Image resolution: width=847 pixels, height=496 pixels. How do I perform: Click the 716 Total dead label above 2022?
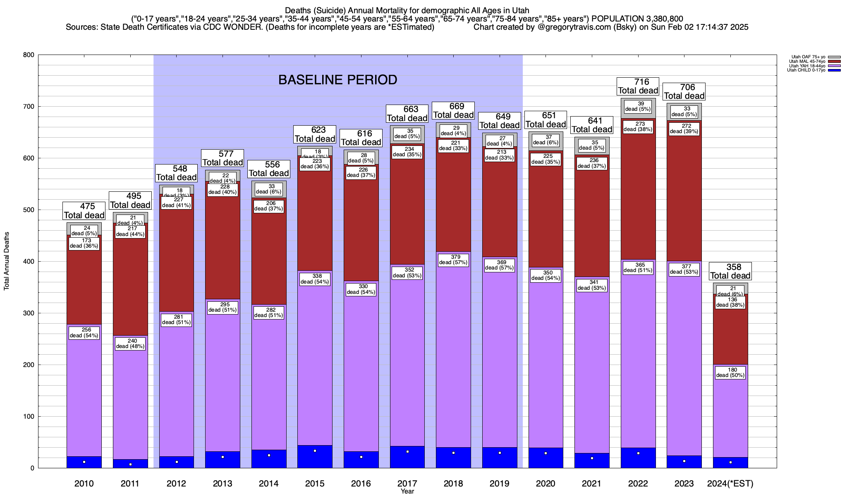638,86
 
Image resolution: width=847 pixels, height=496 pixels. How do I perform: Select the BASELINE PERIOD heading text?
337,80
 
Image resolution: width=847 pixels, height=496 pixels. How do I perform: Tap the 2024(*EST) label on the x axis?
730,484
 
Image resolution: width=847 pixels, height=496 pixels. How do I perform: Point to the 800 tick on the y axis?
29,55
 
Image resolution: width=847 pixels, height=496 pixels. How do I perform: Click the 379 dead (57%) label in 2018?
453,260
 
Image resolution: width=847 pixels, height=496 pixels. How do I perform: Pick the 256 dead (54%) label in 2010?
84,333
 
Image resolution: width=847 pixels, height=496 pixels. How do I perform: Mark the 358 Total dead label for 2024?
730,272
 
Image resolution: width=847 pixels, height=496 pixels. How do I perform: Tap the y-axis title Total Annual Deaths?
7,261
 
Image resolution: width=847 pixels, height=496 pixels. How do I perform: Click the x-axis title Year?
407,491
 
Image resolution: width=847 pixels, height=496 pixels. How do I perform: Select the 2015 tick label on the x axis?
315,484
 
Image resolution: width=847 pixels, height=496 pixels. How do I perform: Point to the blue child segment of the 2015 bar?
315,456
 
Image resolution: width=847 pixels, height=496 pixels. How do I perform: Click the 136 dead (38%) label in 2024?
730,303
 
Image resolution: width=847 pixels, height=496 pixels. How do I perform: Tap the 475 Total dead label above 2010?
84,211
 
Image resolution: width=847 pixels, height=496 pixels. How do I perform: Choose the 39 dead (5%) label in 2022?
638,107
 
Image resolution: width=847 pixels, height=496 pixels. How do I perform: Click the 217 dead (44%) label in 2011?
130,231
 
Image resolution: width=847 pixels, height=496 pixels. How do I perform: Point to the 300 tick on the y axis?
29,313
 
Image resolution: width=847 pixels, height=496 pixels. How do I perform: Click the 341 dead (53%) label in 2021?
592,285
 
